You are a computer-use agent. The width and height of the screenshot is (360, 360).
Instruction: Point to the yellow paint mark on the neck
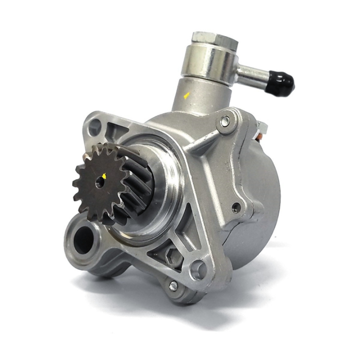186,95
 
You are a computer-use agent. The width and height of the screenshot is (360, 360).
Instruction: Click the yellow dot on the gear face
104,175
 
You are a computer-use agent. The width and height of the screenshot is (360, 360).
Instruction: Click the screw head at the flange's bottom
173,286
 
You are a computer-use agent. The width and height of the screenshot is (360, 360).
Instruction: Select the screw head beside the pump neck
225,120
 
